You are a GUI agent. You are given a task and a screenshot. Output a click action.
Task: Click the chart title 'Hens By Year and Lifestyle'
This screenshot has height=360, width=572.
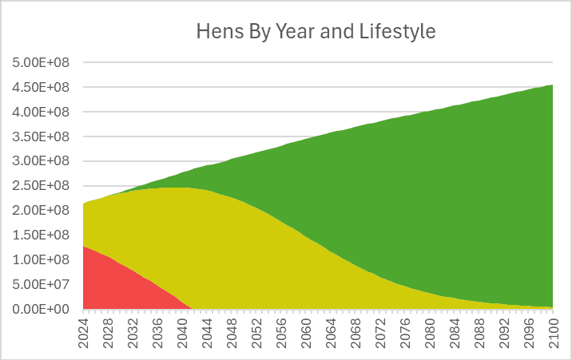pos(316,31)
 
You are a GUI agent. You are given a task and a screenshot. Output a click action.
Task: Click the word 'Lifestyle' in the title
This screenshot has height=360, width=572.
pos(398,31)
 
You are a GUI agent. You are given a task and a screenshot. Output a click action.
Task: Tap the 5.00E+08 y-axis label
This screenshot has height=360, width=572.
pos(41,62)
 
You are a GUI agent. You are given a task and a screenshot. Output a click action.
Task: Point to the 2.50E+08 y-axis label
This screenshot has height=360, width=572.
pos(41,185)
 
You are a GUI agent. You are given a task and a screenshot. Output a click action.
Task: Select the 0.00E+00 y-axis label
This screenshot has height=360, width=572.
pos(41,309)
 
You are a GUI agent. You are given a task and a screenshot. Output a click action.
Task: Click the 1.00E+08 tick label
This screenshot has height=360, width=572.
pos(41,259)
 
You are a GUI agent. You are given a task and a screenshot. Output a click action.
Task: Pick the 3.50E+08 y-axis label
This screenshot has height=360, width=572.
pos(41,136)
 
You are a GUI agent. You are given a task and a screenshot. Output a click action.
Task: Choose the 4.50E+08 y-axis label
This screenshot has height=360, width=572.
pos(41,87)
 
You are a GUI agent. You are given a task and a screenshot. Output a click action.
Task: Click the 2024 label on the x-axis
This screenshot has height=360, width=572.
pos(84,333)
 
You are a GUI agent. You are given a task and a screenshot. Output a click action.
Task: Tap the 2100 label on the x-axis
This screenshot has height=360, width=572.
pos(553,333)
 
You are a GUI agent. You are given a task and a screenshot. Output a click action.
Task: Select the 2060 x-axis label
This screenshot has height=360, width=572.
pos(306,333)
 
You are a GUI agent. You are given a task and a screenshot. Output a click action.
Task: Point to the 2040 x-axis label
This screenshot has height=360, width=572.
pos(182,333)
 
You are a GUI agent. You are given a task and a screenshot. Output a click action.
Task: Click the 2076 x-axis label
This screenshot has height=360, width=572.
pos(405,333)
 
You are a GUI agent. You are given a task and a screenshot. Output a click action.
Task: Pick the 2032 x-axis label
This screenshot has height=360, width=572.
pos(133,333)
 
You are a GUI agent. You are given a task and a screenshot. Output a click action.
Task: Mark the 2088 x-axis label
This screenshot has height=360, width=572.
pos(479,333)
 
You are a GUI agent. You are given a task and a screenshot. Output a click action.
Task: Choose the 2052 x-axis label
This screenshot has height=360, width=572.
pos(256,333)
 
